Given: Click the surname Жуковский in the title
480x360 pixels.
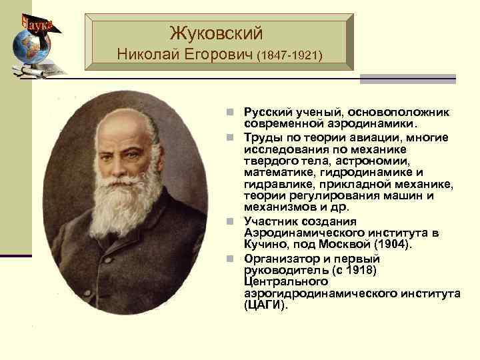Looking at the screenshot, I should tap(216, 32).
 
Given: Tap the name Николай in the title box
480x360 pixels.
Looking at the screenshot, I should tap(145, 53).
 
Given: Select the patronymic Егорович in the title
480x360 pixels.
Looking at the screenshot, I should tap(215, 53).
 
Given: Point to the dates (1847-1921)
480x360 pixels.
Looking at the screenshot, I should tap(289, 55).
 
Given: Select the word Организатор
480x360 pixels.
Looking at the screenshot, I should tap(279, 259).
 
